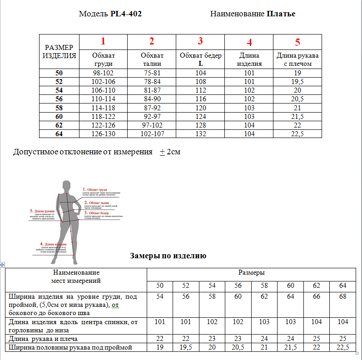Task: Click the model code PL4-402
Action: (126, 14)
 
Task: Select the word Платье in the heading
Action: (281, 14)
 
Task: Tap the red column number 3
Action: (200, 42)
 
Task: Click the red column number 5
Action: (298, 43)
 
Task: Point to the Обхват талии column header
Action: (152, 59)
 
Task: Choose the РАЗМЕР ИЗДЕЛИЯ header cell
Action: (59, 52)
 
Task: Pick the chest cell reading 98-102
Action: (104, 73)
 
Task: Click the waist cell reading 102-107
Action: (152, 134)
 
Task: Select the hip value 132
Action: (200, 134)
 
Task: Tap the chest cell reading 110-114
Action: (104, 99)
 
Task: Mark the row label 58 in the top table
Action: (59, 108)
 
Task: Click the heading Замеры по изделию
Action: (168, 256)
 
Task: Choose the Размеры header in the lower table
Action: (252, 273)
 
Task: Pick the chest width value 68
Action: (342, 296)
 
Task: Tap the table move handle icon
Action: (2, 264)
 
